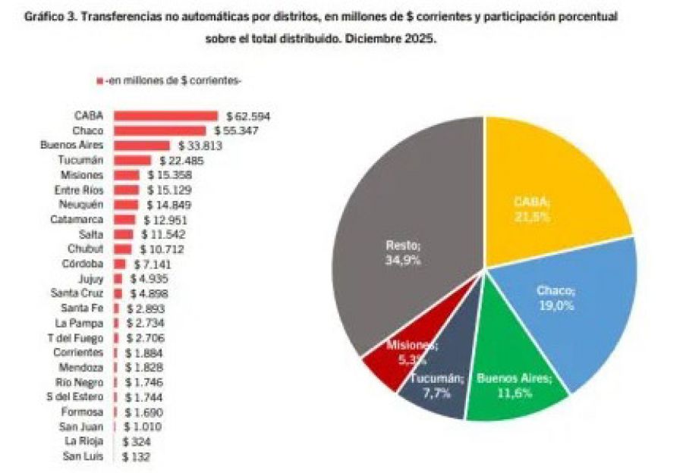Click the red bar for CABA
[x=165, y=116]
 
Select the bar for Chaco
[x=159, y=130]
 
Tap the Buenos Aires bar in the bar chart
[x=141, y=145]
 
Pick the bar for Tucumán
[x=132, y=160]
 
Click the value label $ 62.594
[x=248, y=117]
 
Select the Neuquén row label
[x=81, y=205]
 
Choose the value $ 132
[x=136, y=456]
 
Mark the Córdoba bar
[x=119, y=264]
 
